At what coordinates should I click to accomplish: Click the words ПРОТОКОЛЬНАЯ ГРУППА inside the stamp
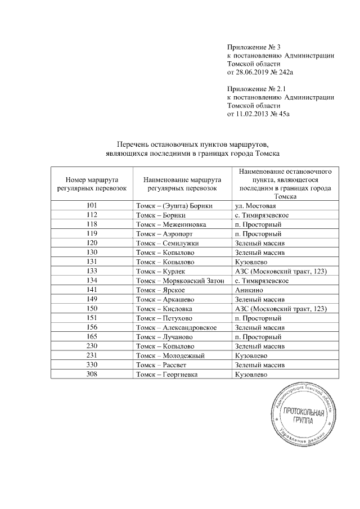[x=304, y=418]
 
